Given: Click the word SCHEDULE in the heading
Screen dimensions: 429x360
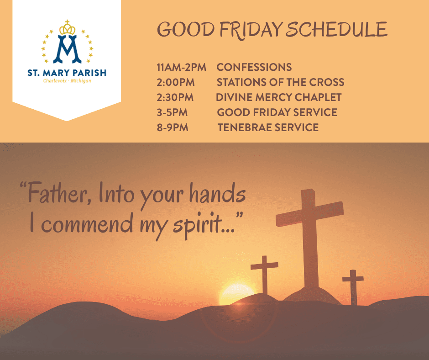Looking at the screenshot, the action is pyautogui.click(x=337, y=29).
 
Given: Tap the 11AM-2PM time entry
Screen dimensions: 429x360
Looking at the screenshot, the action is pyautogui.click(x=181, y=68).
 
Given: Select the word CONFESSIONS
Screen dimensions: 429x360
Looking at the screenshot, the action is pyautogui.click(x=254, y=68).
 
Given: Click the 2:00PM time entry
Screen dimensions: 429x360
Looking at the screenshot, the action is pyautogui.click(x=176, y=83).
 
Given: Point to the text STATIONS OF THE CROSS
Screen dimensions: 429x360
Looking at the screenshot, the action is pyautogui.click(x=280, y=83).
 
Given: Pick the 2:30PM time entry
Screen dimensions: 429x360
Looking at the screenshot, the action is pyautogui.click(x=175, y=97).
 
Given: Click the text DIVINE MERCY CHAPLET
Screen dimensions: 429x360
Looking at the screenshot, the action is pyautogui.click(x=279, y=97).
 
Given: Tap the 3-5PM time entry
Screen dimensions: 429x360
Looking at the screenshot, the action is pyautogui.click(x=172, y=112).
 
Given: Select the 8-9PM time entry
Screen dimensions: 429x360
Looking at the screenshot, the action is pyautogui.click(x=173, y=127).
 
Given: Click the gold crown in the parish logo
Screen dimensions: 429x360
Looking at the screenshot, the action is pyautogui.click(x=67, y=28).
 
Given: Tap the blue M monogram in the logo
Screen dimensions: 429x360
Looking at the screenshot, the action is pyautogui.click(x=67, y=49).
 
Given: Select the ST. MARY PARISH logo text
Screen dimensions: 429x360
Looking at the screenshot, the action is pyautogui.click(x=67, y=73).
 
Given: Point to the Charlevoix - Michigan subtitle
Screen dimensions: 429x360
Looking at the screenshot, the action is pyautogui.click(x=67, y=81).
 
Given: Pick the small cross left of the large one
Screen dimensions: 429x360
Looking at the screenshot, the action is pyautogui.click(x=264, y=274).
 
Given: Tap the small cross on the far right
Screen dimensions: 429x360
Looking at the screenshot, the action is pyautogui.click(x=353, y=286).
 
